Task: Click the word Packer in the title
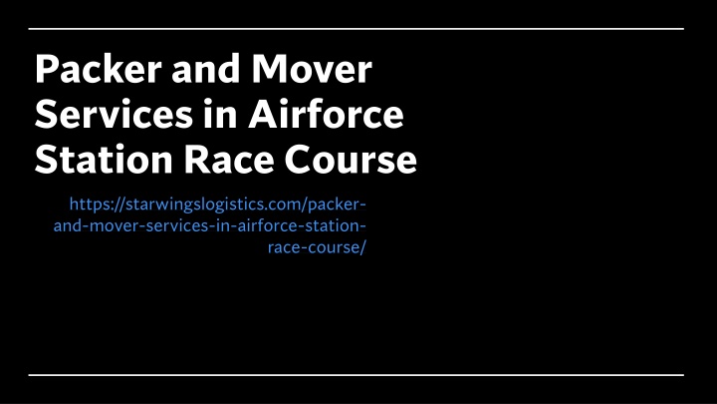[99, 69]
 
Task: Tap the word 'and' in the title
[206, 69]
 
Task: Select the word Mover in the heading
[312, 69]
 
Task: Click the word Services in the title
[114, 114]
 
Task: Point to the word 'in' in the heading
[220, 114]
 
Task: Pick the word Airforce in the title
[326, 114]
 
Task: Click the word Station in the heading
[104, 159]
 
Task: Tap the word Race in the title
[229, 159]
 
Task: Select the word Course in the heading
[351, 159]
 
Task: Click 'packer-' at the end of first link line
[337, 204]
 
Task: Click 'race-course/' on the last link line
[317, 247]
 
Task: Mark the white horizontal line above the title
[357, 29]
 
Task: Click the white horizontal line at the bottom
[357, 375]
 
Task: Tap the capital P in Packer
[46, 69]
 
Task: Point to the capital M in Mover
[271, 69]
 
